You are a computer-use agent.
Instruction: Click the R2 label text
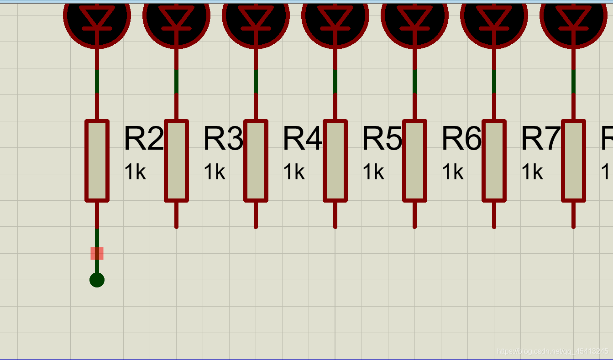tap(143, 139)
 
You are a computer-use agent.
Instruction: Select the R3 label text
tap(223, 139)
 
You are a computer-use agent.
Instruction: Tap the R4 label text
tap(302, 139)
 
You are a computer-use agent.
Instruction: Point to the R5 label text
tap(382, 139)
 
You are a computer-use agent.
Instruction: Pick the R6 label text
tap(461, 139)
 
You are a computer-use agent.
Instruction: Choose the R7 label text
tap(540, 139)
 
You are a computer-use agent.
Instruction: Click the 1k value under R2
tap(135, 172)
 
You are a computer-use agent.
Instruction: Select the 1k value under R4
tap(294, 172)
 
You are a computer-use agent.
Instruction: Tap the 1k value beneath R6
tap(453, 172)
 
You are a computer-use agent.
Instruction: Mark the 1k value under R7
tap(532, 172)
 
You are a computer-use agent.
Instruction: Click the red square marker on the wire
tap(97, 253)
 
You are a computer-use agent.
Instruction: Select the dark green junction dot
tap(97, 280)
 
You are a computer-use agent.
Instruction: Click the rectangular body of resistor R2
tap(97, 161)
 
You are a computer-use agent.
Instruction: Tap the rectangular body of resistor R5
tap(335, 161)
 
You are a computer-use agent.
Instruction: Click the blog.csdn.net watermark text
tap(552, 351)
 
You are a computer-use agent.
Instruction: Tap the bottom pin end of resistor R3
tap(176, 225)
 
